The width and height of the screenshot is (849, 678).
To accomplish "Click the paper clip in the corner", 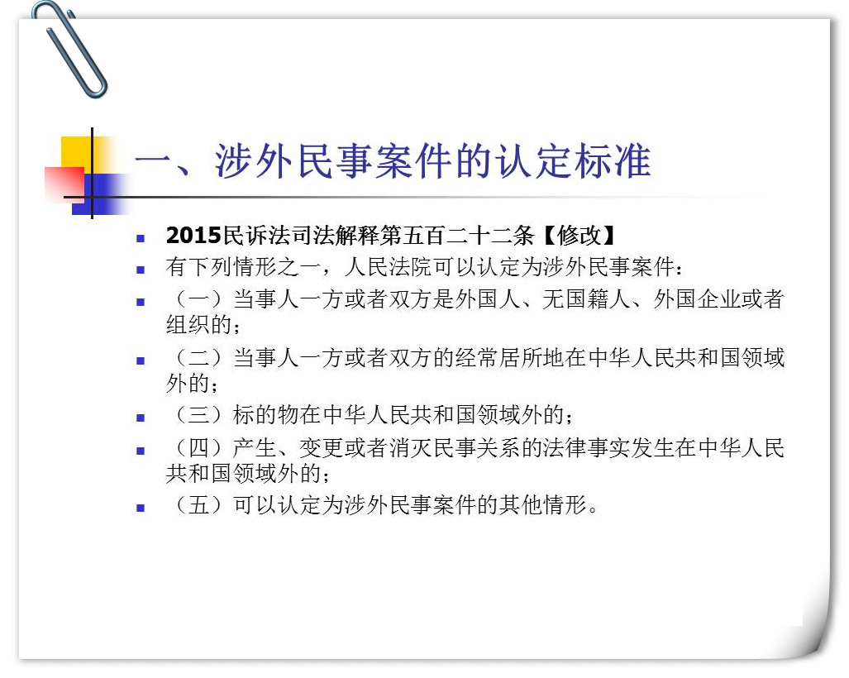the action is point(77,60).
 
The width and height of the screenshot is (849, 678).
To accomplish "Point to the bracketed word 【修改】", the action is point(579,235).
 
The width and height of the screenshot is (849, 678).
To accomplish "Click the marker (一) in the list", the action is point(198,299).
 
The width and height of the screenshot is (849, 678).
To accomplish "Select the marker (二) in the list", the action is point(198,358).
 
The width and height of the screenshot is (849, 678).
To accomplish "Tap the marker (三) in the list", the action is point(198,415).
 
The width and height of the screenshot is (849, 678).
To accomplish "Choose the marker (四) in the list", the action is point(198,448).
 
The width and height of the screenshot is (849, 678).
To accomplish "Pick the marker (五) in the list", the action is point(198,505).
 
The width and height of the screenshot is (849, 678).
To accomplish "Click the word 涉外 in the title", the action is point(255,161).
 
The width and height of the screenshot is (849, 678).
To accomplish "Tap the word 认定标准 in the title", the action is point(574,161).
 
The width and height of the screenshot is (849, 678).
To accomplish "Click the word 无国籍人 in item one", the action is point(586,299).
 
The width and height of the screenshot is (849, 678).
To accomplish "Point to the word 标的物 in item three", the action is point(266,415).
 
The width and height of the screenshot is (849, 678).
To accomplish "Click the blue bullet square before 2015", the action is point(141,237).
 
